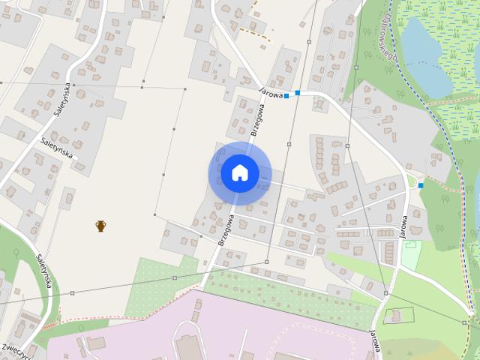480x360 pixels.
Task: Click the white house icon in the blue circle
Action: tap(239, 173)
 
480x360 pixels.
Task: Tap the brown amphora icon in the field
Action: tap(100, 225)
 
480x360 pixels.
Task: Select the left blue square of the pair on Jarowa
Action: tap(286, 96)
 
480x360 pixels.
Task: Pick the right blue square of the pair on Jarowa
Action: tap(298, 93)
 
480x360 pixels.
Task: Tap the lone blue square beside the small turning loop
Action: tap(421, 185)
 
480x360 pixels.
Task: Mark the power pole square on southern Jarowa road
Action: tap(385, 292)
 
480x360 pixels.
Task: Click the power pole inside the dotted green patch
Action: tap(175, 277)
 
